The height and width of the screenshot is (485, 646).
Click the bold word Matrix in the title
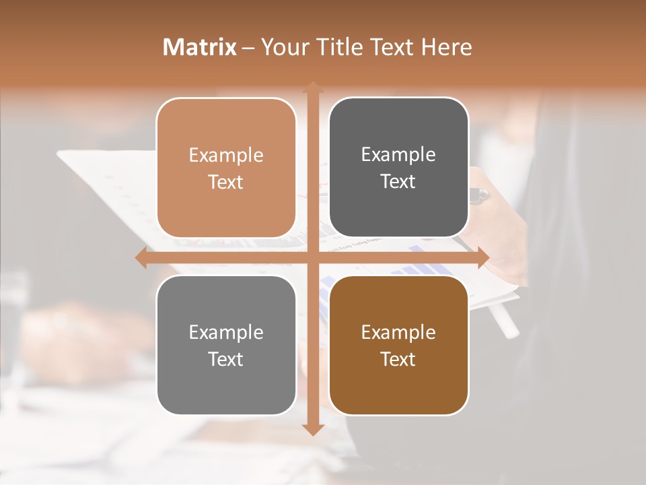200,47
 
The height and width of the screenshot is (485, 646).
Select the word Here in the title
447,47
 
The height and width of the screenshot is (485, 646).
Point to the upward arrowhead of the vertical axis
312,87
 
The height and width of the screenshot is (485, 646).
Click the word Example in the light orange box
226,156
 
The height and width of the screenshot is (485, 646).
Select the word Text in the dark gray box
398,182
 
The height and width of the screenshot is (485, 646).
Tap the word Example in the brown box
398,333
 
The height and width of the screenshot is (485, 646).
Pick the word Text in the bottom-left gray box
226,359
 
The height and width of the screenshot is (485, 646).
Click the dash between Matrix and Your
249,48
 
